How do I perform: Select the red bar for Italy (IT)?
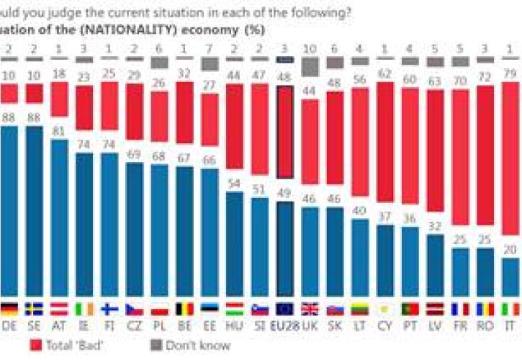[x=510, y=158]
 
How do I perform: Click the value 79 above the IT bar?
[x=510, y=73]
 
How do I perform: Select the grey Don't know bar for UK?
[x=310, y=66]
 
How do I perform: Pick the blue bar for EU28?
[x=284, y=248]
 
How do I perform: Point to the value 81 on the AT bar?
[x=60, y=130]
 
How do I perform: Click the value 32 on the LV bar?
[x=435, y=225]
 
